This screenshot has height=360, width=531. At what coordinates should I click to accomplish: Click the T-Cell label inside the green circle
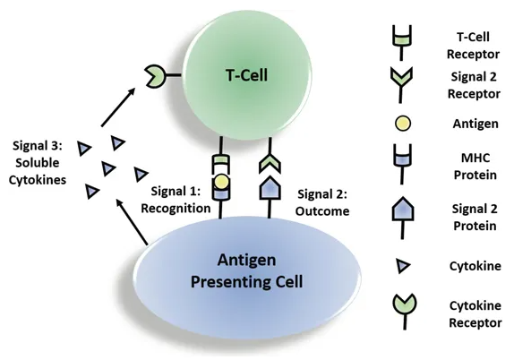[246, 75]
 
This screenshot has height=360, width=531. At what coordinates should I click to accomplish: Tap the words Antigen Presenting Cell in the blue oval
[246, 271]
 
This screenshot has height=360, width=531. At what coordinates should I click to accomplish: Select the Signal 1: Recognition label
[176, 200]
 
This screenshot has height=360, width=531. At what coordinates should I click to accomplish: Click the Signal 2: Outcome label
[322, 202]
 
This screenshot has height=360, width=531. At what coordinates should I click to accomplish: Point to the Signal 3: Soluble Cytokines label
[38, 163]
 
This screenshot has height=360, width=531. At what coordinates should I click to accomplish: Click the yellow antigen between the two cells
[221, 182]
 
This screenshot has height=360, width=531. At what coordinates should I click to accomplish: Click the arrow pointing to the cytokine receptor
[118, 107]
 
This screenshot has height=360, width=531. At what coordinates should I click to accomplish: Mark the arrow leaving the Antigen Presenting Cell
[132, 221]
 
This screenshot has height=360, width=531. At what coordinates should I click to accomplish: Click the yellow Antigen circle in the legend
[403, 124]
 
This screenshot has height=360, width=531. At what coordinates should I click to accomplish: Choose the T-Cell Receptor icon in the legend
[402, 43]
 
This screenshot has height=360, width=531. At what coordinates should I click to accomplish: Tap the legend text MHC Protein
[475, 167]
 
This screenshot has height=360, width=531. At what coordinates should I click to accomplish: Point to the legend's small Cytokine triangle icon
[403, 266]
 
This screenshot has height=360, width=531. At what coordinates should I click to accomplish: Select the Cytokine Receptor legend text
[475, 314]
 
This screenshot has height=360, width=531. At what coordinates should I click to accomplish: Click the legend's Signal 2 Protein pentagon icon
[403, 218]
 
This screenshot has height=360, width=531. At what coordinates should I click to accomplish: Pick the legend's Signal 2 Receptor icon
[401, 85]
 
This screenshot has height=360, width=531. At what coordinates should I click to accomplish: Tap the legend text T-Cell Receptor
[473, 46]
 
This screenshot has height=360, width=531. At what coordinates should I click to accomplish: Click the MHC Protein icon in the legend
[403, 165]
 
